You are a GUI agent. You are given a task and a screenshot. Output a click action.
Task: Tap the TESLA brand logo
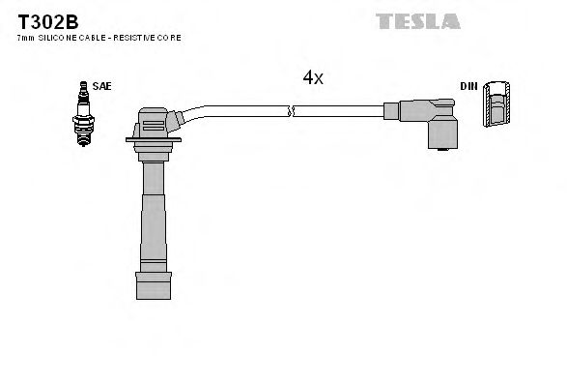(x=416, y=19)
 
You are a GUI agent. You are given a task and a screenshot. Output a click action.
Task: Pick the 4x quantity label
(x=312, y=78)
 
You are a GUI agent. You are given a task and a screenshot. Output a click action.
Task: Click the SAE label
(x=102, y=86)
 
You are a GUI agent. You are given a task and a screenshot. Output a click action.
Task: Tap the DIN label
(x=468, y=86)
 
